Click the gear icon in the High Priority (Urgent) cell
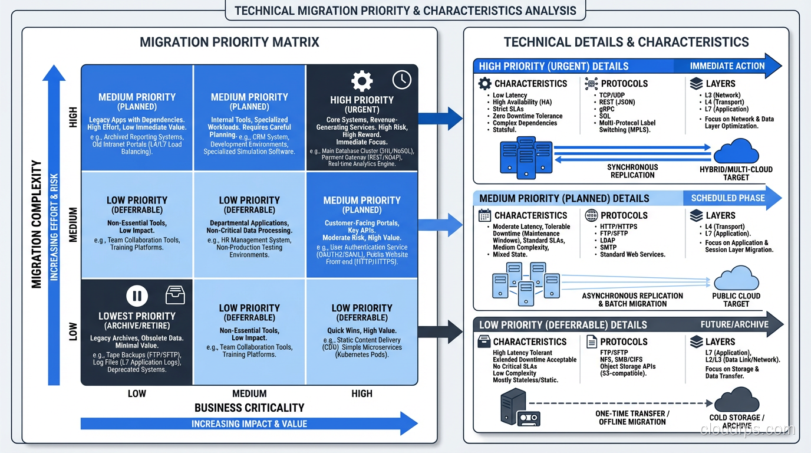tap(361, 80)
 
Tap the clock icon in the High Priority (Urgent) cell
tap(401, 80)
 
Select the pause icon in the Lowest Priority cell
tap(137, 296)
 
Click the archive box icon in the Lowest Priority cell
tap(175, 295)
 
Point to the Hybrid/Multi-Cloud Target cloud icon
tap(736, 152)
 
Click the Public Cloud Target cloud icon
tap(736, 278)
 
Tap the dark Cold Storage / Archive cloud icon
tap(736, 400)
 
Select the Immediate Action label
tap(727, 66)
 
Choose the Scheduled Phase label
tap(728, 198)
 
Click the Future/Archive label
tap(734, 324)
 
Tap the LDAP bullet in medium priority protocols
tap(608, 241)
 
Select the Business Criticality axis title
tap(249, 408)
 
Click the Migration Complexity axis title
tap(37, 224)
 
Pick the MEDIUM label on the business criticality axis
tap(249, 393)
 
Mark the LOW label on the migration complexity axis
tap(73, 331)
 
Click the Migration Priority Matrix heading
tap(229, 42)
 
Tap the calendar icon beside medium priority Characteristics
tap(484, 215)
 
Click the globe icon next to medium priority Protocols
tap(591, 215)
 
